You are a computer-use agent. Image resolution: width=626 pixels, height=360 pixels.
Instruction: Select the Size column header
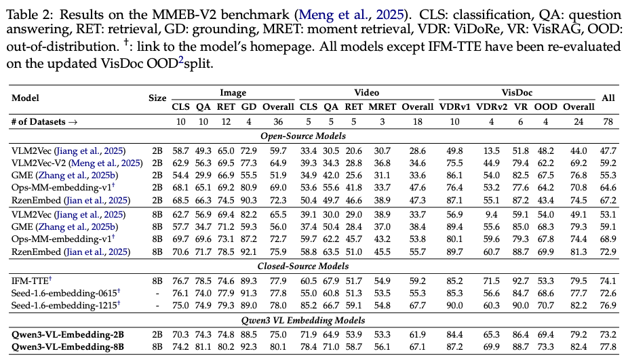click(x=157, y=98)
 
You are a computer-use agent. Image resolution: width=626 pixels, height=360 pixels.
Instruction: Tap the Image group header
click(x=233, y=93)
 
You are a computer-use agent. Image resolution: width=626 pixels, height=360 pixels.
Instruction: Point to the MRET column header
click(x=381, y=106)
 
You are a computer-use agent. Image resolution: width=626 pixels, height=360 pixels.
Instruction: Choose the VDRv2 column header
click(x=492, y=106)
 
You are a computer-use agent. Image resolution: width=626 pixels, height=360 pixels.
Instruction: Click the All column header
click(x=608, y=98)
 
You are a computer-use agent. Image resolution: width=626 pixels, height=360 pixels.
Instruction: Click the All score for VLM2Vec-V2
click(x=608, y=163)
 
